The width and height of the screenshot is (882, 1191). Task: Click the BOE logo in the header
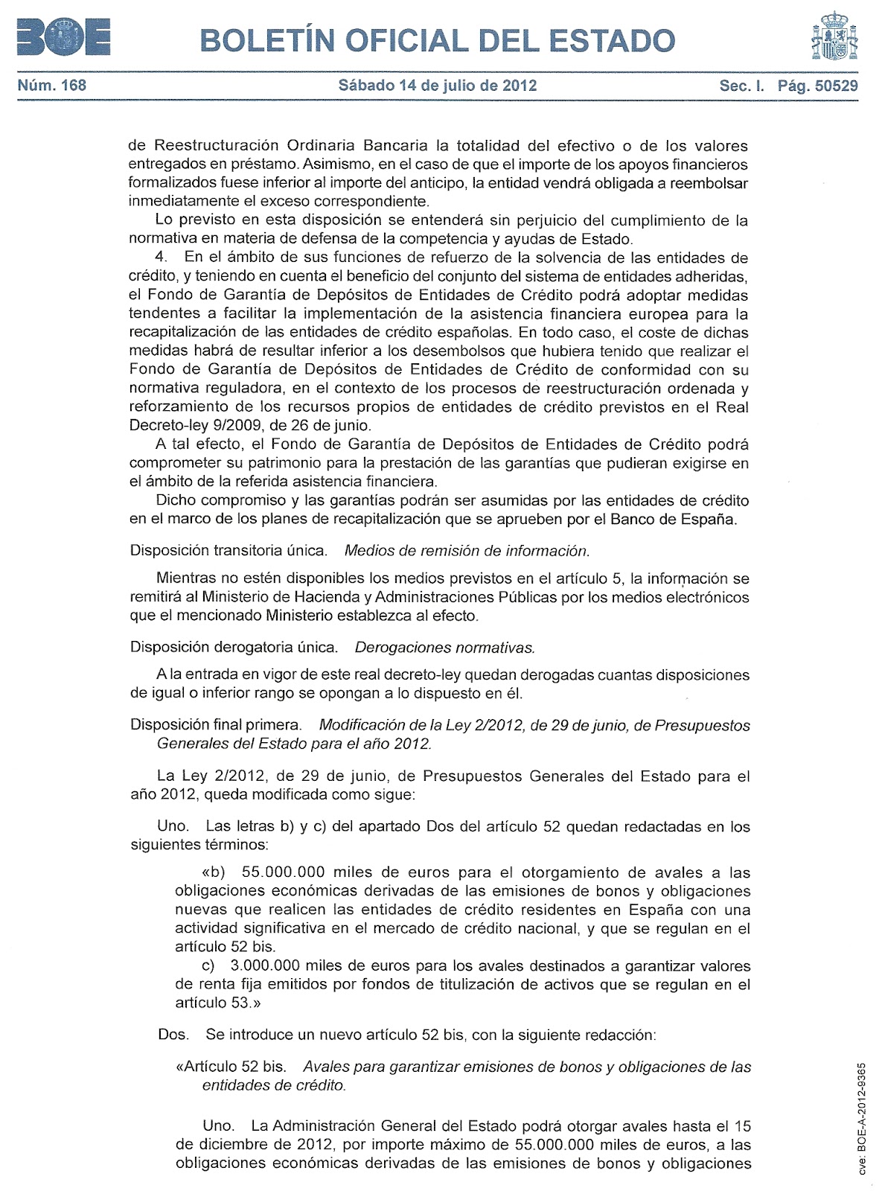[x=63, y=37]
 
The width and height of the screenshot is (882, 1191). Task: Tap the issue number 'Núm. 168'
[x=52, y=85]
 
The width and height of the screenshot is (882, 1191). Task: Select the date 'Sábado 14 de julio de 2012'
[x=438, y=85]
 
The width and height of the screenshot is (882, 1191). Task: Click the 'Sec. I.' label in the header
[x=742, y=85]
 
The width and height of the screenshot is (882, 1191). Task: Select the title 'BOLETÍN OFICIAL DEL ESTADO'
[x=438, y=40]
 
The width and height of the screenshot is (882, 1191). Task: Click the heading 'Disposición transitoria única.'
[x=229, y=551]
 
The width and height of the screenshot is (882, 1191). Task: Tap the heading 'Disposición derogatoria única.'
[x=234, y=648]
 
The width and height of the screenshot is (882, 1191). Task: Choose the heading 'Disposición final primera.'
[x=216, y=725]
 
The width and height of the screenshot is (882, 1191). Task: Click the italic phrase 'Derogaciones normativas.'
[x=445, y=648]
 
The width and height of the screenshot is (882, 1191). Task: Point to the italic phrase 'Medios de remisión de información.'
[x=467, y=551]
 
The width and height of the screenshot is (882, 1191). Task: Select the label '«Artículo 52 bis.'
[x=231, y=1067]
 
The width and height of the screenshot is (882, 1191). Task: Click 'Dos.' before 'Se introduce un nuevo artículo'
[x=173, y=1035]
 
